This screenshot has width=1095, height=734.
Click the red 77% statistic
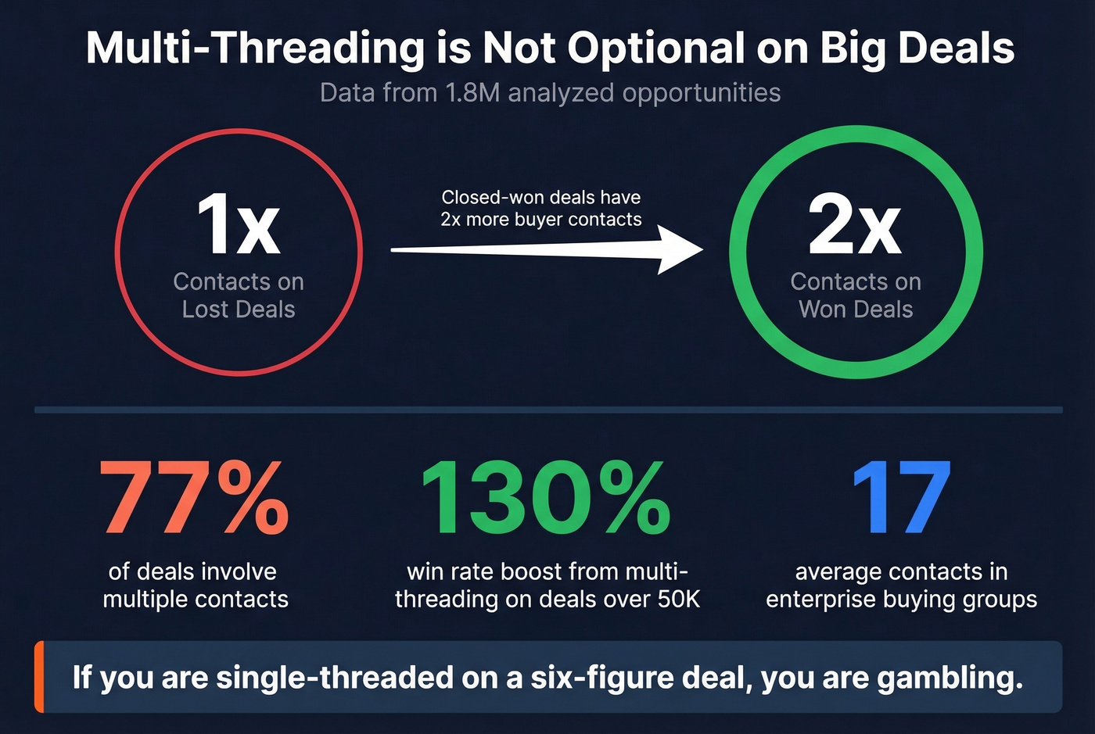click(194, 498)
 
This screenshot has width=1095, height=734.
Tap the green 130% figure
click(545, 498)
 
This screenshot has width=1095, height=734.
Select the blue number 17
click(901, 498)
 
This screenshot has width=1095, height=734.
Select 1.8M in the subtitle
click(472, 93)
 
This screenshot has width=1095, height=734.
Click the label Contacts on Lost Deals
click(239, 295)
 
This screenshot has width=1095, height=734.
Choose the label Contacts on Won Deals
click(856, 295)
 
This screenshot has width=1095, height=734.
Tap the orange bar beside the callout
click(39, 677)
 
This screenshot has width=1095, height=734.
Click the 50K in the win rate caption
click(678, 600)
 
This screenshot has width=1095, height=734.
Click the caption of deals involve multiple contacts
click(195, 585)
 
